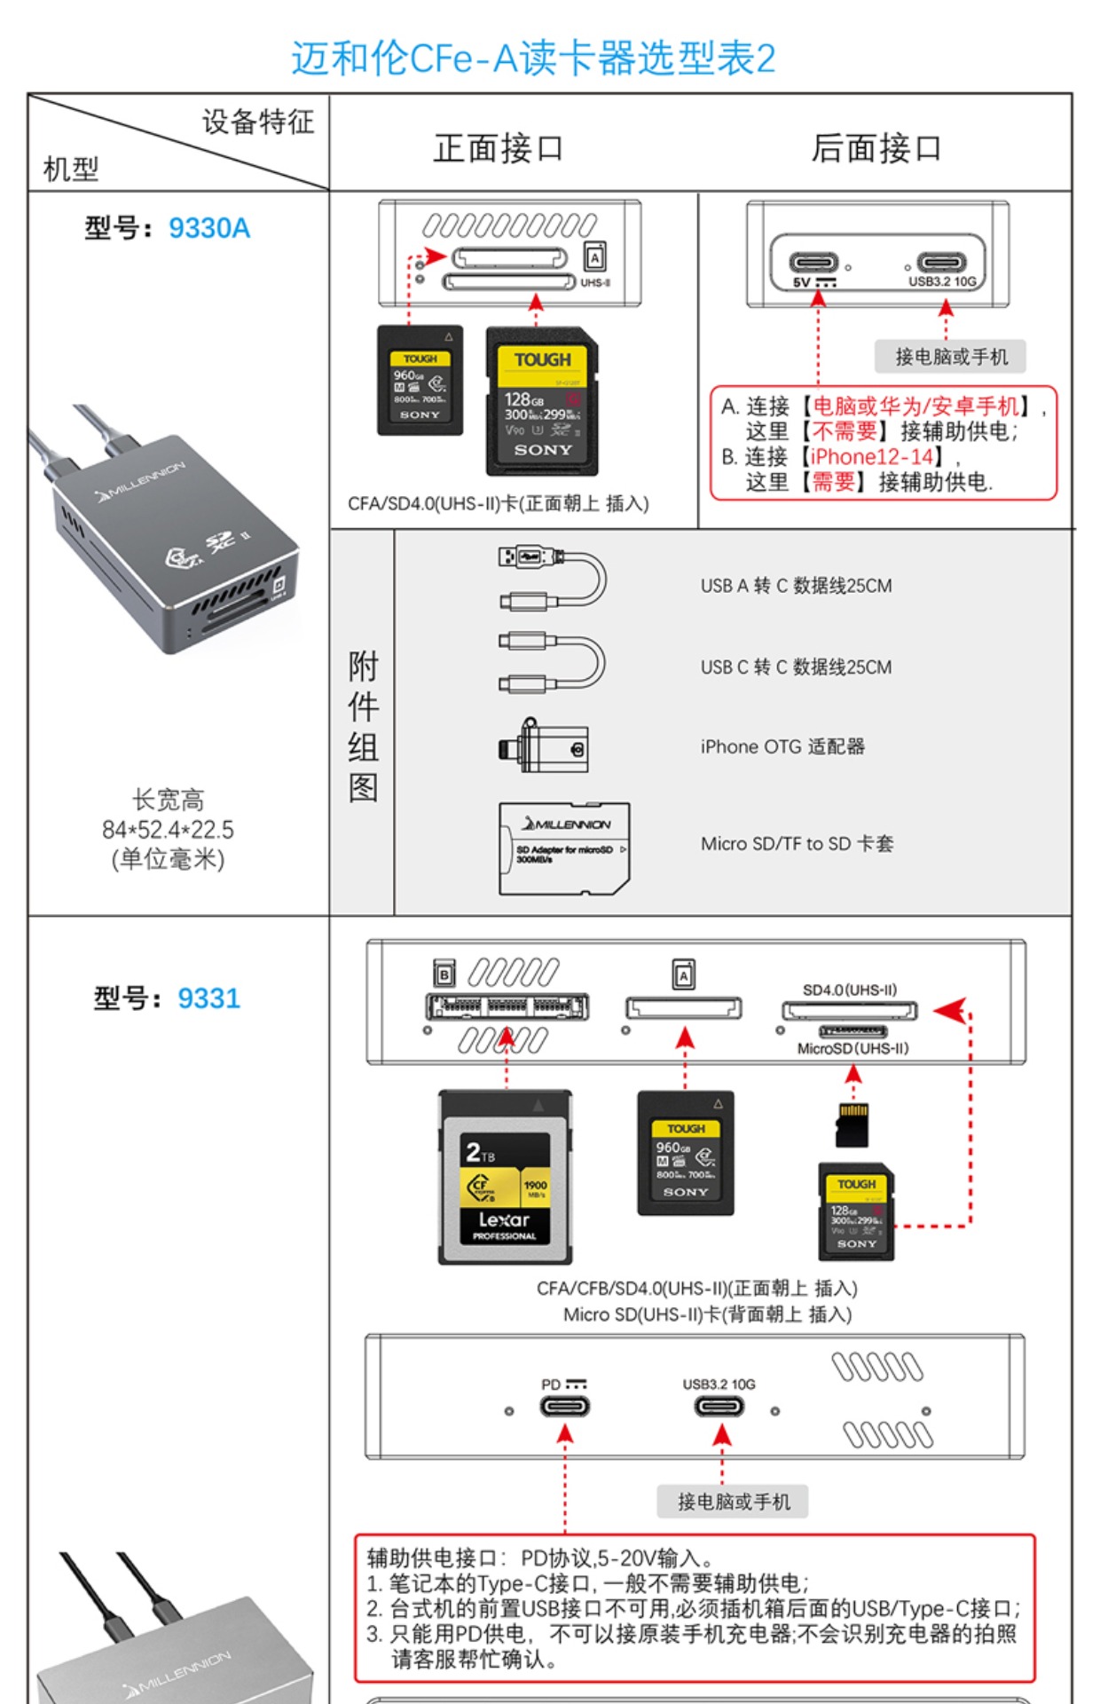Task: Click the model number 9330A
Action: (x=208, y=228)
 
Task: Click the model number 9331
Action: (x=208, y=998)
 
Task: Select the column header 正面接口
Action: (x=498, y=147)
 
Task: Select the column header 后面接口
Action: (x=876, y=147)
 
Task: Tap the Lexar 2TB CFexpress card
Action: (x=505, y=1177)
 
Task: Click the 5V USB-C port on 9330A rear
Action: (x=813, y=263)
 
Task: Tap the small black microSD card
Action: (x=852, y=1124)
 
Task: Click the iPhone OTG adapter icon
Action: (x=543, y=746)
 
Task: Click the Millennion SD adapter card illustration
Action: (x=564, y=848)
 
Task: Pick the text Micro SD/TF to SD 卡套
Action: (x=797, y=844)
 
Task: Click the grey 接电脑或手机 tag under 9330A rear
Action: (x=950, y=357)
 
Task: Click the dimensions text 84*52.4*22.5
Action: (x=168, y=830)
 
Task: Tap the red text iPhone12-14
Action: (x=872, y=456)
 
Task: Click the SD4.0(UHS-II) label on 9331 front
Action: (x=849, y=990)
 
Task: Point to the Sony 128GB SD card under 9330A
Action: (x=542, y=401)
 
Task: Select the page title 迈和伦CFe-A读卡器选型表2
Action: (x=533, y=59)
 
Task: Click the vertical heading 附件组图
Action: (x=363, y=725)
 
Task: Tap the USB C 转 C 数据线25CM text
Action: (x=796, y=667)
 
